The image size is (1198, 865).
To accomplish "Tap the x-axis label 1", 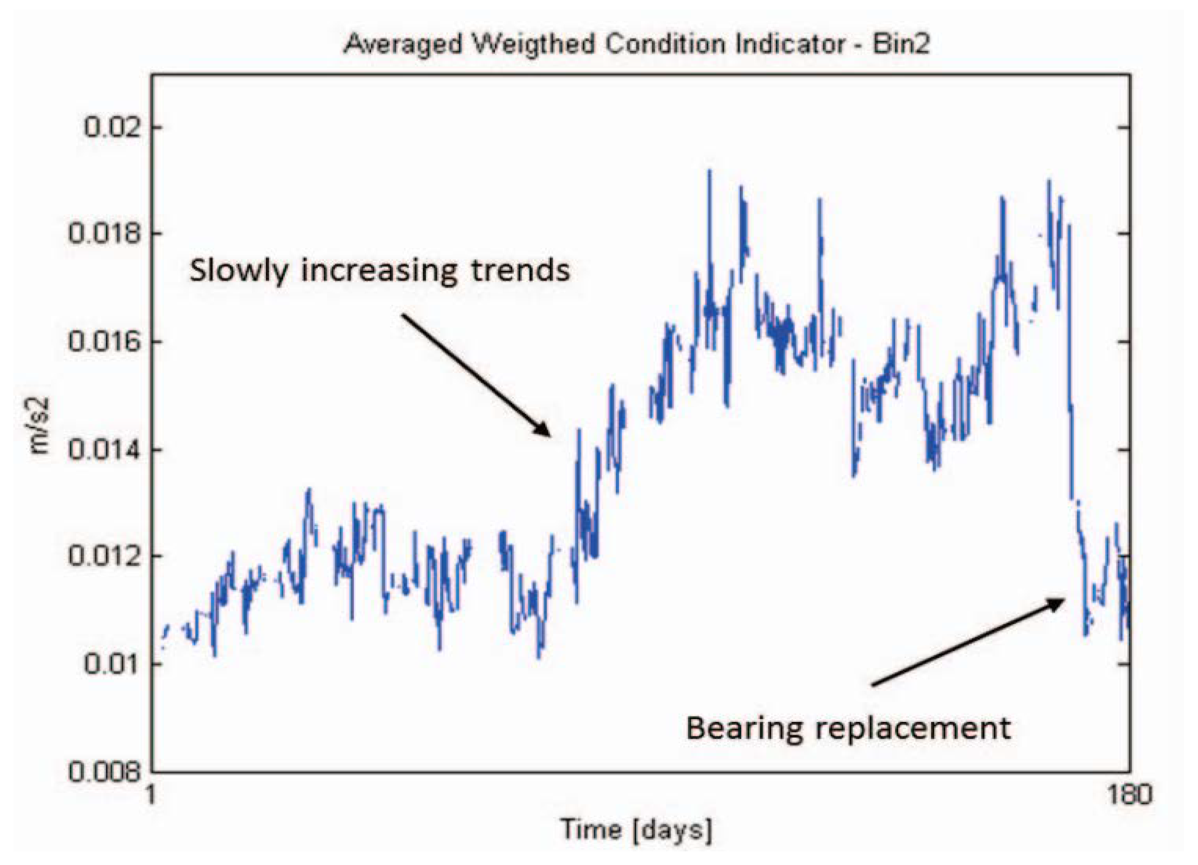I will [x=152, y=795].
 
